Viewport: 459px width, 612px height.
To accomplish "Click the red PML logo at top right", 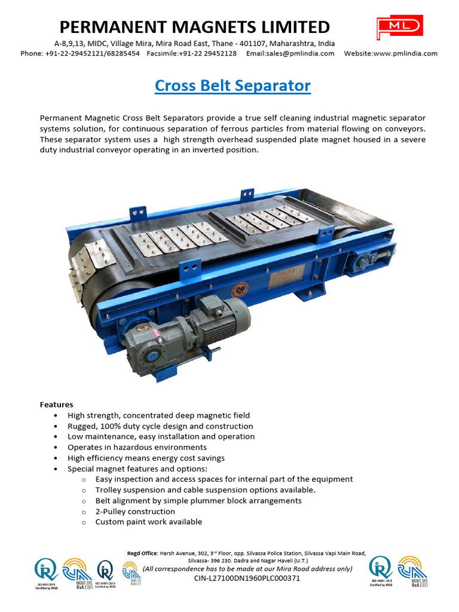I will tap(399, 29).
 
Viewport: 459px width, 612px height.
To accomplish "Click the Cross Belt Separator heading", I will tap(232, 85).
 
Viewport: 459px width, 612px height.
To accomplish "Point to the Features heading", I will tap(57, 405).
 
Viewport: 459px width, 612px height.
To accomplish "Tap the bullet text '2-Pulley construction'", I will tap(135, 512).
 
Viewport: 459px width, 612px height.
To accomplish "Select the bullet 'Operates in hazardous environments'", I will tap(137, 447).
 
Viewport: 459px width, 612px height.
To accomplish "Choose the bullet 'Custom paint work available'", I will tap(148, 522).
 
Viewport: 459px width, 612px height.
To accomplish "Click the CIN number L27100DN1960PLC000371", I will tap(247, 579).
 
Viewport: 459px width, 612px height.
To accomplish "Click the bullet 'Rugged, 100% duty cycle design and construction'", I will tap(160, 426).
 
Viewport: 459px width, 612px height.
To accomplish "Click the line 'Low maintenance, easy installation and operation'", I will tap(161, 436).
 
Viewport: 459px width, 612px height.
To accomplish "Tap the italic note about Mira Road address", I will tap(247, 569).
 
